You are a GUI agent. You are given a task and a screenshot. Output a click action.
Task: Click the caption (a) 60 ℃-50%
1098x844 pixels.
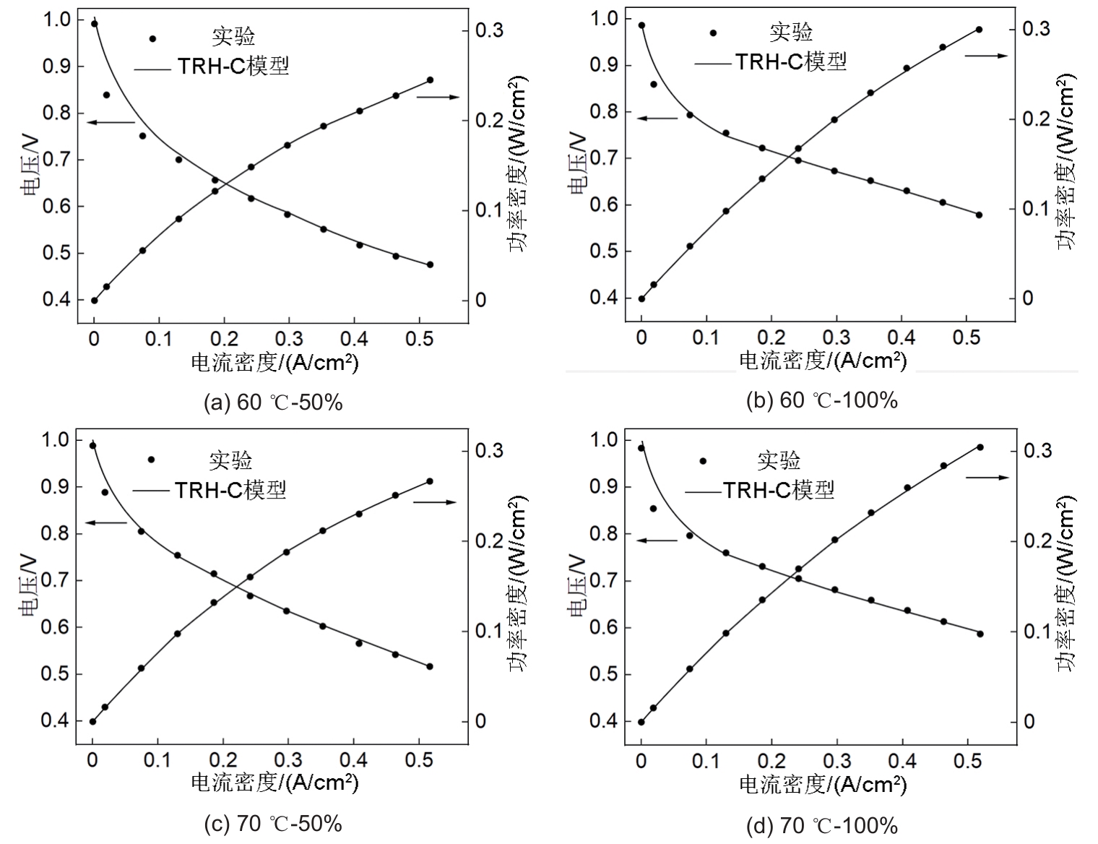273,402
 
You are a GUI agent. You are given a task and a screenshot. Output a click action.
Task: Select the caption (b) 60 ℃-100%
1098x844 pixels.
821,400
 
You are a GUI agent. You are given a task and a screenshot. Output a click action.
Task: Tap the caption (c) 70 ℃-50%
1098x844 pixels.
273,823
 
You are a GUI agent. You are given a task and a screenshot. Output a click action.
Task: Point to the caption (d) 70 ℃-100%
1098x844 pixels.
821,825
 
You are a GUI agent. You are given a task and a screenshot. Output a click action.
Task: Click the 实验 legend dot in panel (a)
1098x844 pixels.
152,39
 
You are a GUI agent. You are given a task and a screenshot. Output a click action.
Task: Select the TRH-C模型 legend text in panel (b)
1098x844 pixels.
791,62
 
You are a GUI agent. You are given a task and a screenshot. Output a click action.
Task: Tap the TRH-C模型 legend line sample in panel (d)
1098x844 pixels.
703,492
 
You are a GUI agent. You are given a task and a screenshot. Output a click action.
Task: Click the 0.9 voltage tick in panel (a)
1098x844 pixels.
57,66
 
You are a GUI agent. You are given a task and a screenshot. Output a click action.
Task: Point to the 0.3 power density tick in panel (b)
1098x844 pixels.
1034,29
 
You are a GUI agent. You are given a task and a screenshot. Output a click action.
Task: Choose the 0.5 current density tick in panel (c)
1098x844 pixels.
418,761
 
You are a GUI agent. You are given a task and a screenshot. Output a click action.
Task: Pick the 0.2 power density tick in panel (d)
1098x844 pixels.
1037,541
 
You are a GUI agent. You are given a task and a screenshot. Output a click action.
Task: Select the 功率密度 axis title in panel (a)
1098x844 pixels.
516,163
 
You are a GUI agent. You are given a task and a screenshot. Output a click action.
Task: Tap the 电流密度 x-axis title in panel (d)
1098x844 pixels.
822,784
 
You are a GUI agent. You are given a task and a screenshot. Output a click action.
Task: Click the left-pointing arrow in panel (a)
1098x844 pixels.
110,123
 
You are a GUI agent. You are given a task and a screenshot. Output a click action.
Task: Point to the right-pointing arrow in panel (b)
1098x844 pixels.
986,56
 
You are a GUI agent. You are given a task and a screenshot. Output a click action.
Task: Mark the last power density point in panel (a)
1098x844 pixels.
430,80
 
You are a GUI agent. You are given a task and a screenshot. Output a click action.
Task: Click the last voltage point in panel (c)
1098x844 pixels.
430,666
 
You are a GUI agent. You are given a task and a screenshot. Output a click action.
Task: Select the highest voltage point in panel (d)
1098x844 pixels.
641,448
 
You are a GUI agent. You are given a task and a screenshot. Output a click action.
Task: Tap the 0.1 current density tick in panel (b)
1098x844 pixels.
706,337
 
